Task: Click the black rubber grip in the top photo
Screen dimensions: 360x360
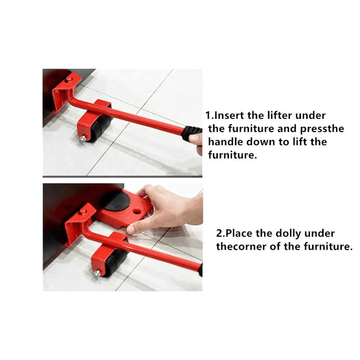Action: pyautogui.click(x=191, y=132)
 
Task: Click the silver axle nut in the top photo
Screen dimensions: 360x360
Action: pyautogui.click(x=83, y=138)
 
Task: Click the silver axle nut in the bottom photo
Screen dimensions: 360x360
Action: pyautogui.click(x=97, y=273)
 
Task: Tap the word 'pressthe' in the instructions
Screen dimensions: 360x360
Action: pyautogui.click(x=322, y=129)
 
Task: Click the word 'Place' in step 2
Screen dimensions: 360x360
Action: pyautogui.click(x=240, y=233)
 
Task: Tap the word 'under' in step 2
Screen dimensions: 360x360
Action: pyautogui.click(x=319, y=233)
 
